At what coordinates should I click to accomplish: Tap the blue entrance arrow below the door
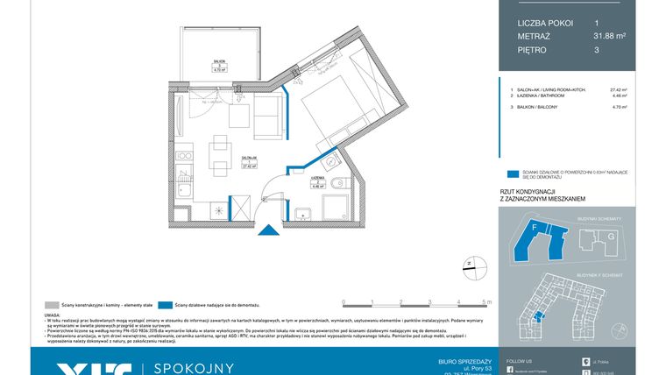click(x=269, y=231)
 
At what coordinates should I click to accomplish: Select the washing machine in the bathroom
click(x=303, y=211)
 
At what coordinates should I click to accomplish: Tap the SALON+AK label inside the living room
click(x=223, y=159)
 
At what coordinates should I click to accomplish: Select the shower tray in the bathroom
click(x=337, y=208)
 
